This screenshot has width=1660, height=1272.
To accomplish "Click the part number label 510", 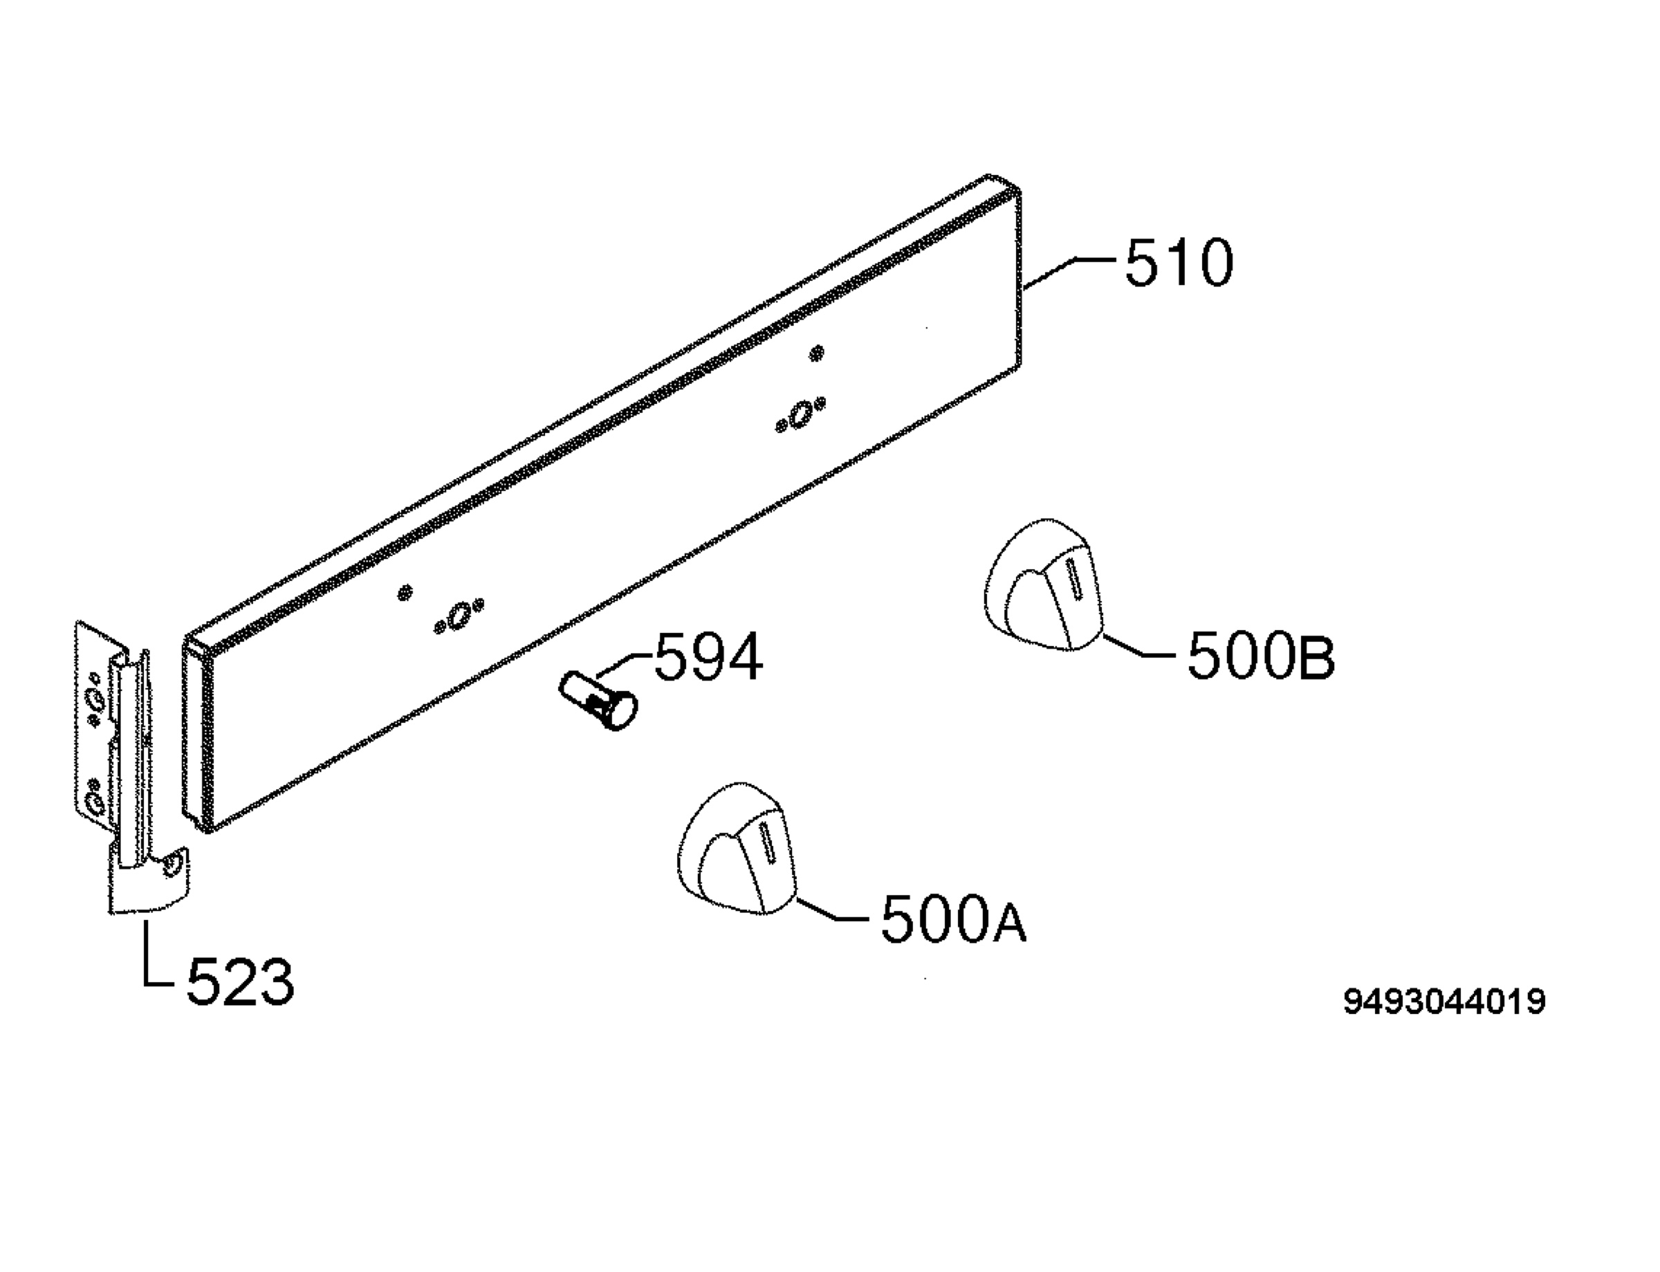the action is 1179,263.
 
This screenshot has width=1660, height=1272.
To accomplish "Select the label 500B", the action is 1261,656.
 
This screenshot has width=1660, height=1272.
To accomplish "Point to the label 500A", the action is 954,920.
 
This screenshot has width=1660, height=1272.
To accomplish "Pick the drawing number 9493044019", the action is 1444,1002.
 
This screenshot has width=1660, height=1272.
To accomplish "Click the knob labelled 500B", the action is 1043,584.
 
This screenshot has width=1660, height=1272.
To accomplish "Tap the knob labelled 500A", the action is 737,847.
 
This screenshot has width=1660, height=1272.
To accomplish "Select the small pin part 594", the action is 598,701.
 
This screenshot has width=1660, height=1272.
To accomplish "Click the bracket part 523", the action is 129,765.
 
